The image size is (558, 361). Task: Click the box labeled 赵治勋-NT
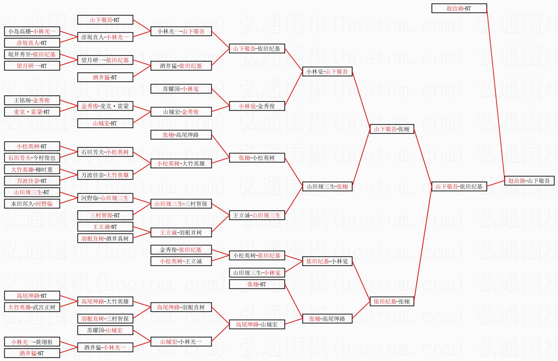pyautogui.click(x=459, y=8)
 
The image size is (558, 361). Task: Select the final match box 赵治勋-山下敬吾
pyautogui.click(x=529, y=181)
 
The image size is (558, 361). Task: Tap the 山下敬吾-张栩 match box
pyautogui.click(x=391, y=129)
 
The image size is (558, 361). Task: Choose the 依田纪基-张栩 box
pyautogui.click(x=391, y=301)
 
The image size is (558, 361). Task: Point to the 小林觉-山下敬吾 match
pyautogui.click(x=327, y=71)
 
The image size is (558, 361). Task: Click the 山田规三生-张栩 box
pyautogui.click(x=327, y=186)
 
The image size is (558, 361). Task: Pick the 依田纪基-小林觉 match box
pyautogui.click(x=327, y=261)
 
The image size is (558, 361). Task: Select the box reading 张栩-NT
pyautogui.click(x=257, y=284)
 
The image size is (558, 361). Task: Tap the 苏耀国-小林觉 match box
pyautogui.click(x=181, y=89)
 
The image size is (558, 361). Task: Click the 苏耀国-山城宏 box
pyautogui.click(x=105, y=330)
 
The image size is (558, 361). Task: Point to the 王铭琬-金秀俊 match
pyautogui.click(x=32, y=100)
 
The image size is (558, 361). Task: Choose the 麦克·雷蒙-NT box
pyautogui.click(x=32, y=112)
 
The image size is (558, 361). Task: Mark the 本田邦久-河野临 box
pyautogui.click(x=32, y=204)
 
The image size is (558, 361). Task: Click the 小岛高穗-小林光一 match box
pyautogui.click(x=32, y=31)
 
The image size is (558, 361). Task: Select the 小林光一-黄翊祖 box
pyautogui.click(x=32, y=342)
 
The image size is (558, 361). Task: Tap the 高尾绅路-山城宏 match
pyautogui.click(x=257, y=324)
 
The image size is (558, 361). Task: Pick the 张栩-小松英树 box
pyautogui.click(x=257, y=158)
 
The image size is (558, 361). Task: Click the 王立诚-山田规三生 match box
pyautogui.click(x=257, y=215)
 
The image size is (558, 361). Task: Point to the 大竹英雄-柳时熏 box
pyautogui.click(x=32, y=169)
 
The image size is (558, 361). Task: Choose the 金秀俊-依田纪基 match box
pyautogui.click(x=181, y=250)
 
